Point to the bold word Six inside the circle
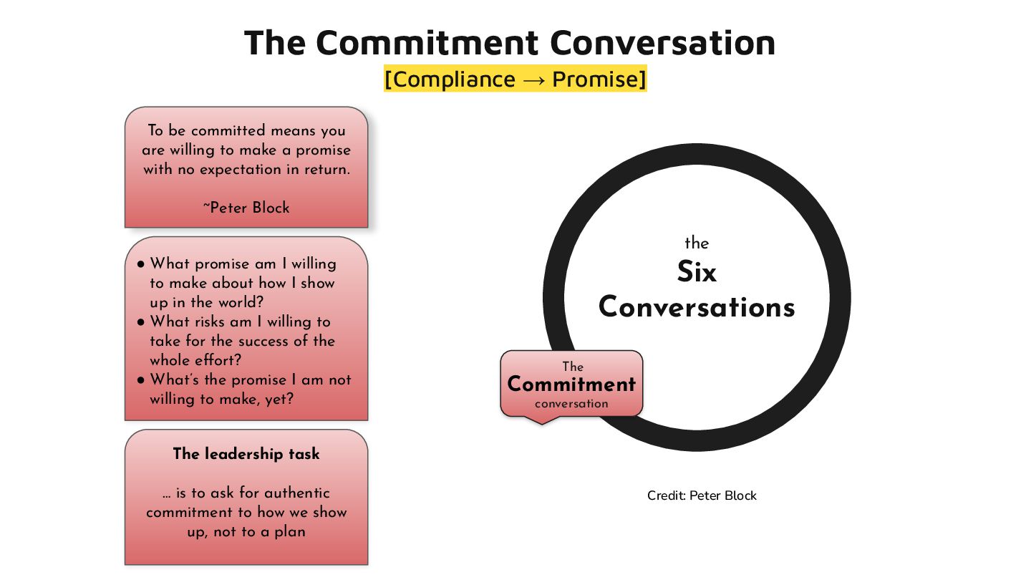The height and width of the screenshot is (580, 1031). coord(697,272)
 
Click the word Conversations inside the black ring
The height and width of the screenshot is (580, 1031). coord(697,307)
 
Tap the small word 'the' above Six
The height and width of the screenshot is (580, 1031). coord(697,243)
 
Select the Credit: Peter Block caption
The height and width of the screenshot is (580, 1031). coord(702,496)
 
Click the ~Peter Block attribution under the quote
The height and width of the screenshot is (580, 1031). coord(246,208)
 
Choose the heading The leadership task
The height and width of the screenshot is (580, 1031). coord(246,454)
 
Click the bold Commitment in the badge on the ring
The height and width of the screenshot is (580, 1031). coord(571,385)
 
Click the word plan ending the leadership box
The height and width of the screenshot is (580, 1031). coord(289,531)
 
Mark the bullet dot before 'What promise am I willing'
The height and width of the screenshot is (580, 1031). coord(141,264)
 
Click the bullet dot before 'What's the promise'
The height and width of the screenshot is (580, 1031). coord(141,380)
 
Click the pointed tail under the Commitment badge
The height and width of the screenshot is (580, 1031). coord(541,420)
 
